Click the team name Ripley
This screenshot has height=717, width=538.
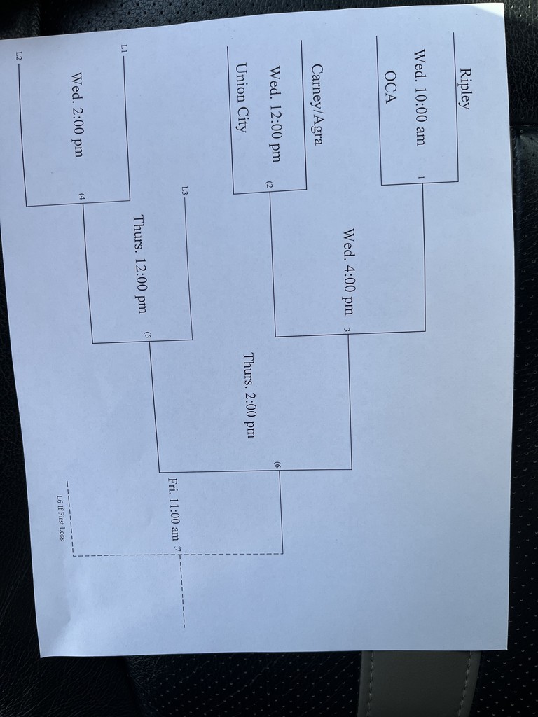tap(464, 88)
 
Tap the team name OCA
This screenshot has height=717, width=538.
tap(390, 87)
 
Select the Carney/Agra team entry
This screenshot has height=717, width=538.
tap(317, 104)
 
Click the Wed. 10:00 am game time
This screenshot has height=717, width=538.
tap(420, 97)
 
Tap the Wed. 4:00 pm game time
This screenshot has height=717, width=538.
tap(349, 272)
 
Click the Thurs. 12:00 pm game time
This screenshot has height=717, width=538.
tap(139, 264)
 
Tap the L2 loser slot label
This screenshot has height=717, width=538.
tap(19, 55)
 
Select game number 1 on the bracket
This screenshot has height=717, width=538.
tap(420, 177)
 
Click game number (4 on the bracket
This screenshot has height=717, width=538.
tap(81, 197)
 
